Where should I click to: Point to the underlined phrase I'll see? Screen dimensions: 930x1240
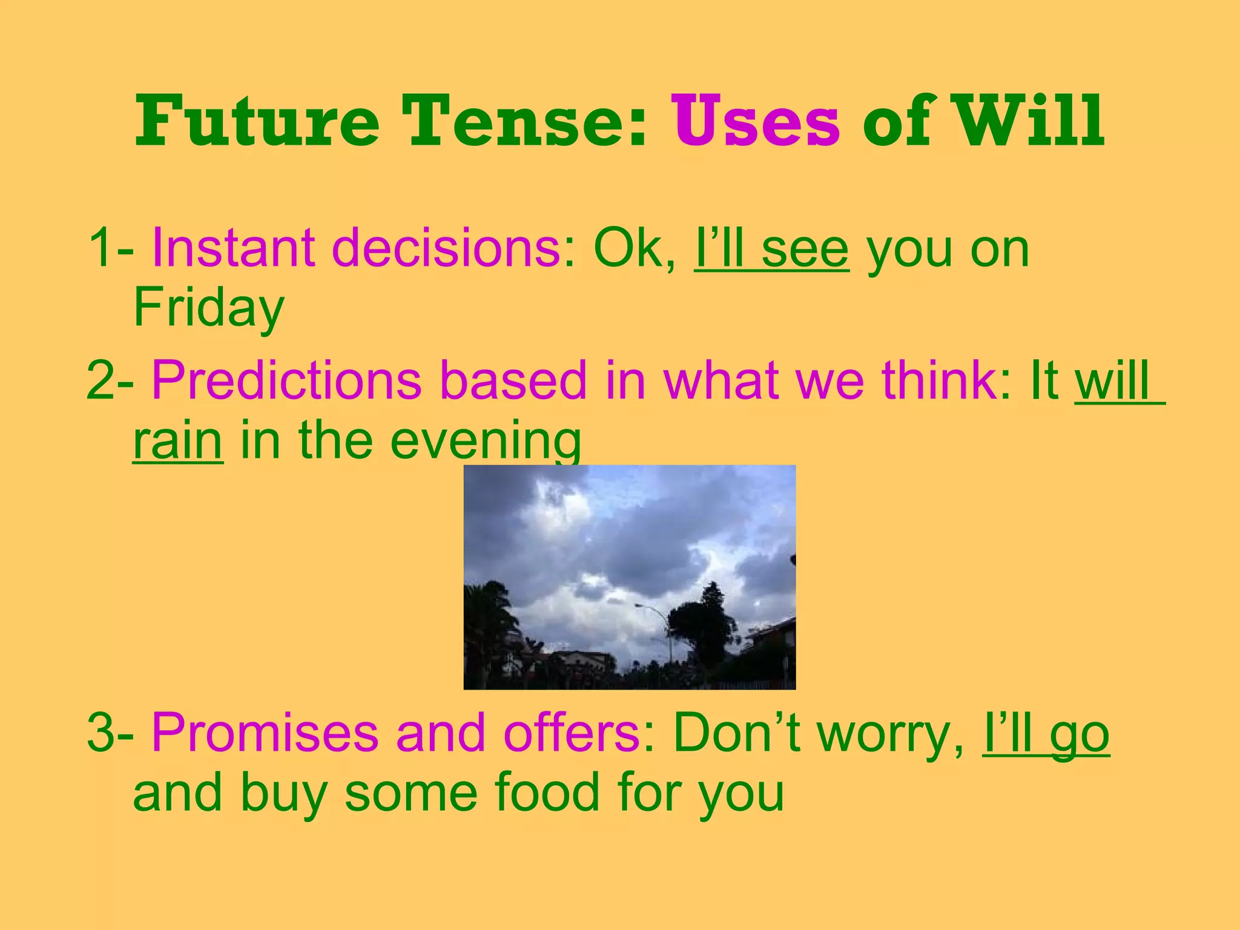click(771, 248)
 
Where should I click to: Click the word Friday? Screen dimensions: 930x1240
click(208, 308)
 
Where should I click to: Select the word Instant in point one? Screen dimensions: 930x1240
click(233, 248)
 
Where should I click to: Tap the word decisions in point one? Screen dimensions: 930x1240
click(447, 248)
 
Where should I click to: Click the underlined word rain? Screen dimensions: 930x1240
click(177, 441)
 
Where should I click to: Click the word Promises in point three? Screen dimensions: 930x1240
click(265, 734)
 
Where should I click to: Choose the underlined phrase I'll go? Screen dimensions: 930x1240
click(1046, 734)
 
